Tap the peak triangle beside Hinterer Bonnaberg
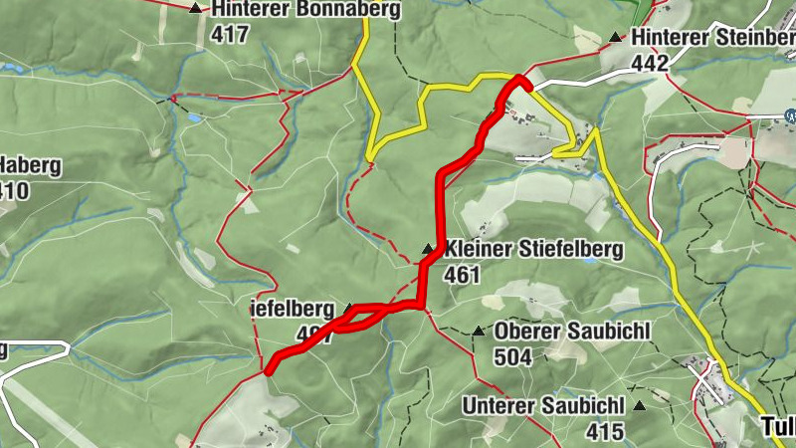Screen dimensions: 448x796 [x=194, y=9]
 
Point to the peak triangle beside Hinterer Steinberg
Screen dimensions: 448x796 [x=615, y=38]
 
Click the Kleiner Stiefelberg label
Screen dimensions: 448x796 [x=534, y=248]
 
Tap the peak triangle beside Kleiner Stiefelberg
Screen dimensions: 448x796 [x=428, y=248]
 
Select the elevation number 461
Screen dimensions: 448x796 [x=464, y=274]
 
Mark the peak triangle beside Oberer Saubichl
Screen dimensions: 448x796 [x=479, y=331]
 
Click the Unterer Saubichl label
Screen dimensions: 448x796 [x=543, y=405]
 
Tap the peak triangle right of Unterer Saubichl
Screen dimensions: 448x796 [x=639, y=405]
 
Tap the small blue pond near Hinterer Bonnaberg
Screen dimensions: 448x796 [x=193, y=118]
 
